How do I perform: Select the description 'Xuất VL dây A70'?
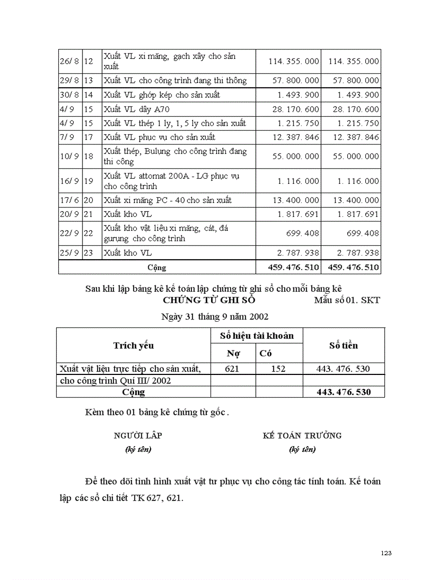point(136,109)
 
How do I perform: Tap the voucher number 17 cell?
point(88,137)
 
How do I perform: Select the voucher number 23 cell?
point(88,253)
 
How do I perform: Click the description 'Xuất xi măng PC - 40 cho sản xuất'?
point(167,200)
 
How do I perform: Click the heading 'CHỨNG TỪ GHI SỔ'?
point(209,300)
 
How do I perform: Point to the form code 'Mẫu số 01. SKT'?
point(347,300)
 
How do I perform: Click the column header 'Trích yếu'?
point(134,346)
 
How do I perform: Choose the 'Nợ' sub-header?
point(233,354)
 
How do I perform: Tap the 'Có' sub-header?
point(266,354)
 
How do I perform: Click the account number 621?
point(233,369)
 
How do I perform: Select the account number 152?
point(279,369)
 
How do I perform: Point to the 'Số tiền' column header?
point(344,346)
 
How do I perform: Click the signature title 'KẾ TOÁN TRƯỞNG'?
point(302,435)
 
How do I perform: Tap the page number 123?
point(386,553)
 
